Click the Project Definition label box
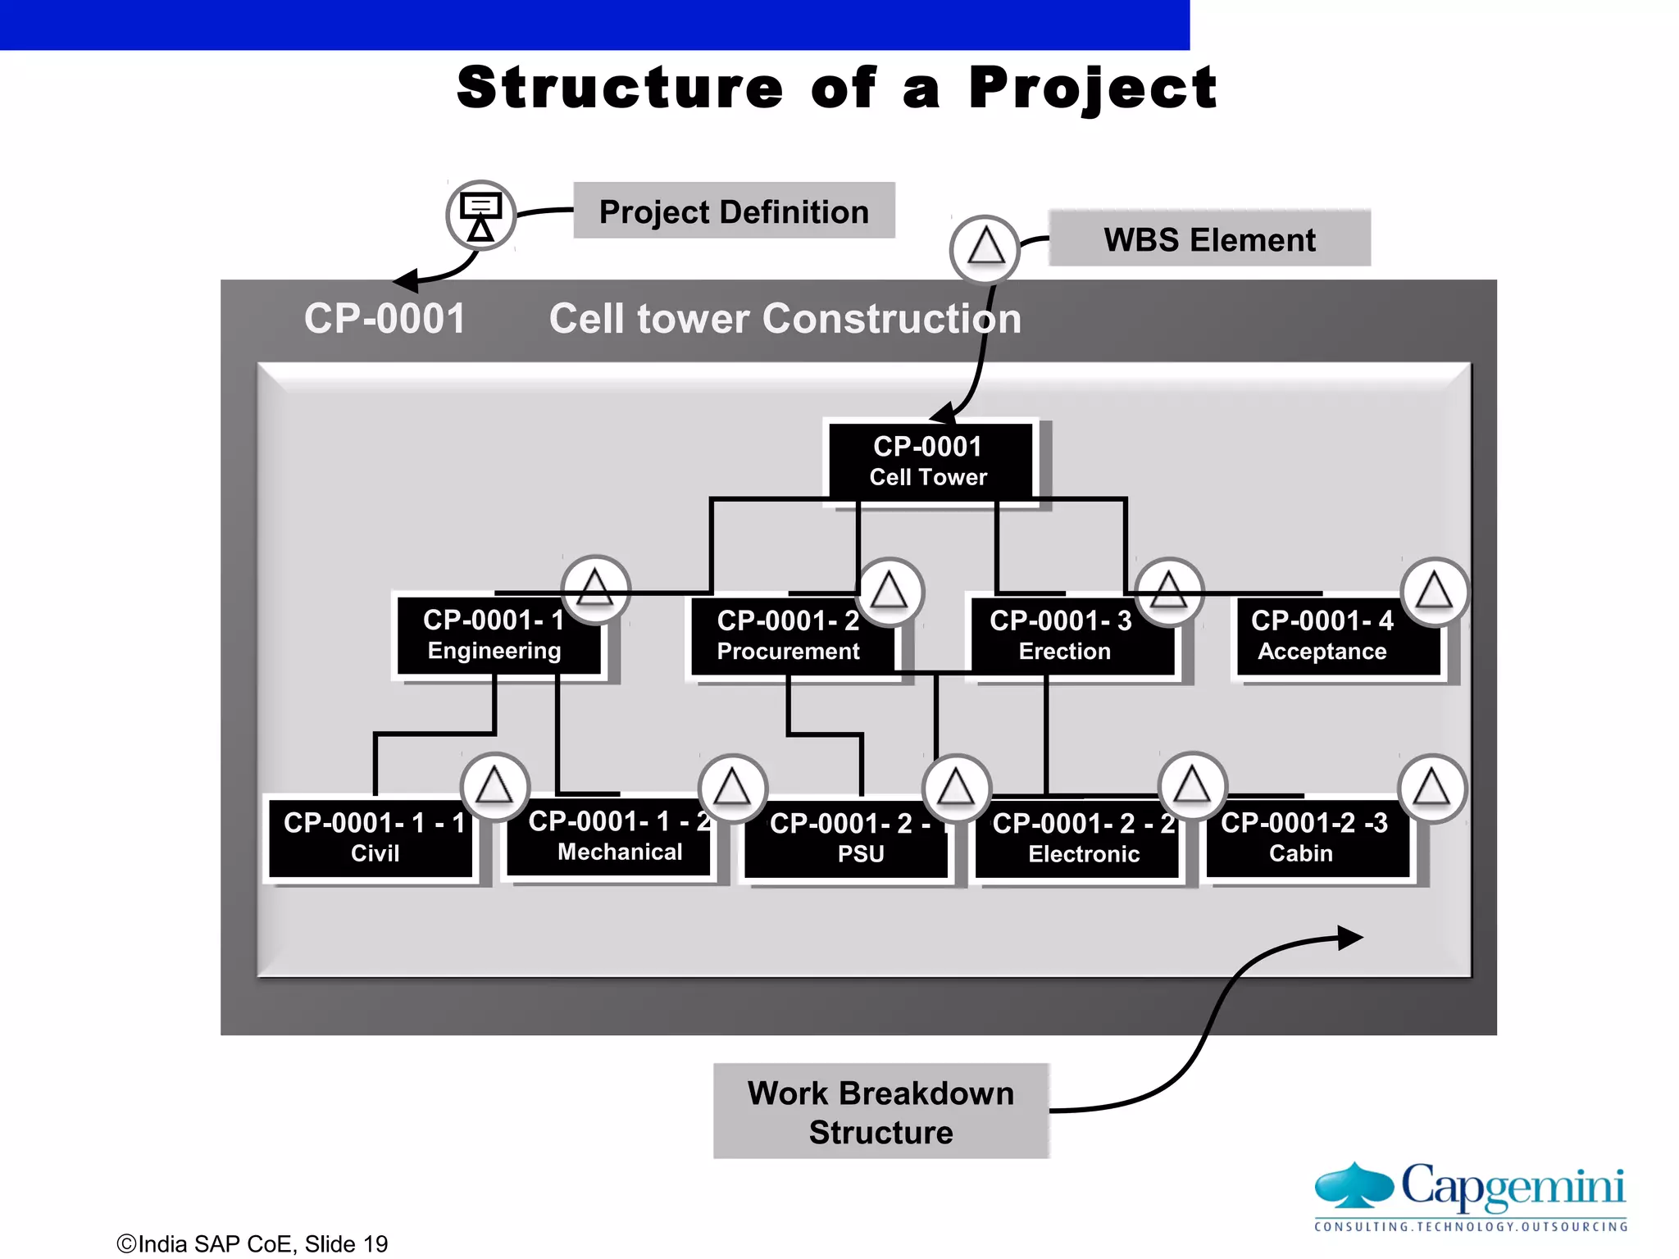[x=734, y=211]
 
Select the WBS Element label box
[x=1209, y=239]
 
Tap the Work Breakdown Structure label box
[x=880, y=1111]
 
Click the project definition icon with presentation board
[x=481, y=216]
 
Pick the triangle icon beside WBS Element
[x=985, y=248]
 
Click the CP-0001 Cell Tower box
[x=929, y=461]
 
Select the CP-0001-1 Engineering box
[x=494, y=635]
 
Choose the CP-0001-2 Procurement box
[x=788, y=636]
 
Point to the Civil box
[x=374, y=838]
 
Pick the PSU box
[x=849, y=839]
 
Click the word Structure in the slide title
[x=620, y=88]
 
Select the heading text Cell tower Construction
[x=785, y=319]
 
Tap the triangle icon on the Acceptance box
[x=1434, y=592]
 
